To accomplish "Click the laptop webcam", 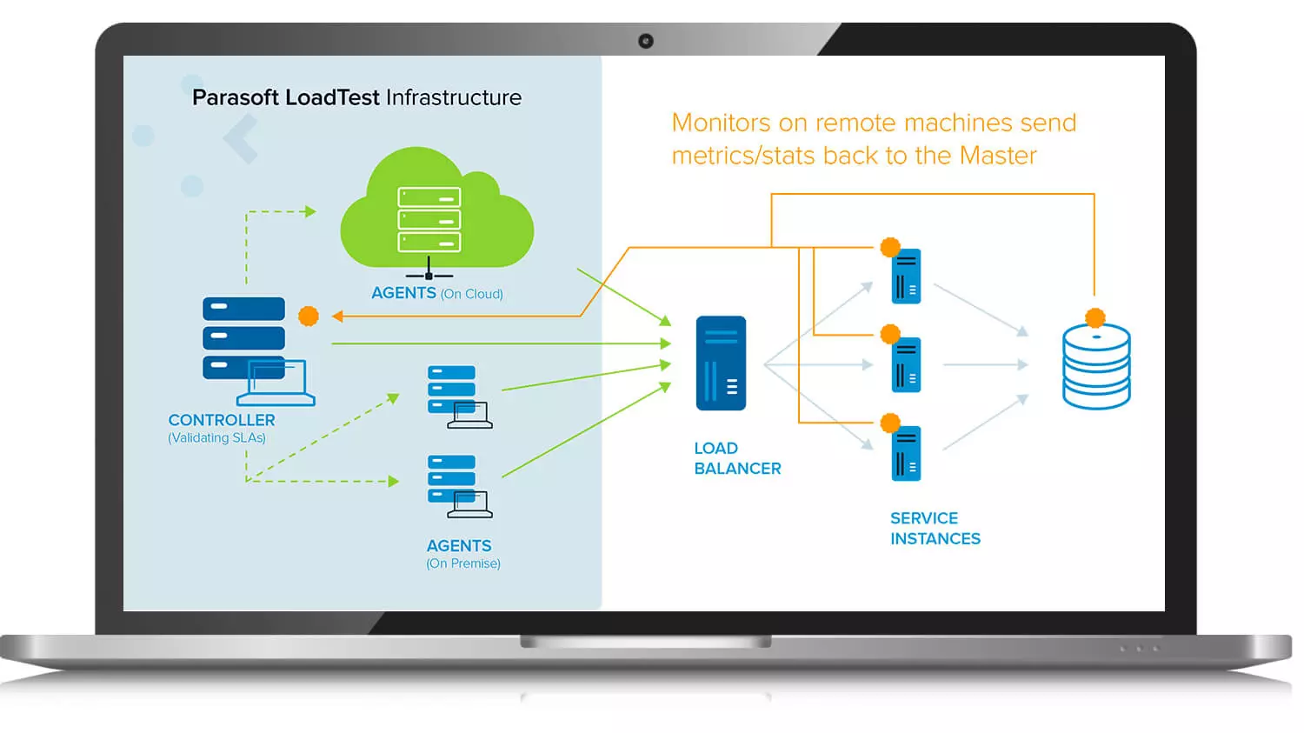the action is (x=646, y=41).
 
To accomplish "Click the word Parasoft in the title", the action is (x=236, y=97).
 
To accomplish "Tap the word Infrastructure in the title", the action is (x=454, y=97).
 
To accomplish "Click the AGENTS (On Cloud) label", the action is (x=437, y=293).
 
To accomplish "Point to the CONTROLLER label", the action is (x=221, y=420).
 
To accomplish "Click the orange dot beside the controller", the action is (x=309, y=317).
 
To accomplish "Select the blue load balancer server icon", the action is (x=721, y=363).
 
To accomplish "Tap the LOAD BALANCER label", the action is (x=737, y=458).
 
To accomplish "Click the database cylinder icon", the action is (x=1096, y=366).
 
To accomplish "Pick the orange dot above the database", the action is (x=1095, y=318).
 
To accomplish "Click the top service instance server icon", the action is (x=906, y=276).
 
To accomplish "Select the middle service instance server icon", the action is (x=906, y=364).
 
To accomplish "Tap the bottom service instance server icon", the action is (x=906, y=454).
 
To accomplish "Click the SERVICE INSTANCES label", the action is (x=935, y=528).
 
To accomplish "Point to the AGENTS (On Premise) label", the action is (x=462, y=554).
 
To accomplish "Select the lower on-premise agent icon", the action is (x=460, y=487).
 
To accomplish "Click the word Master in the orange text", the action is (x=998, y=156).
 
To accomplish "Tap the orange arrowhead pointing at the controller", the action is (x=337, y=317).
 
